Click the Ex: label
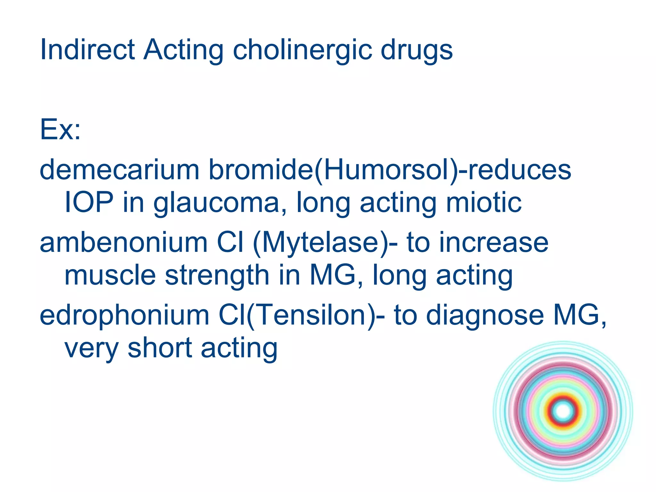(60, 130)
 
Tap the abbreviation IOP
(89, 202)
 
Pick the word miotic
(484, 202)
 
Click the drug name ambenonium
(124, 242)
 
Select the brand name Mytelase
(321, 242)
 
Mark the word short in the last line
(160, 348)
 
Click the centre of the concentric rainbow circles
(563, 411)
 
